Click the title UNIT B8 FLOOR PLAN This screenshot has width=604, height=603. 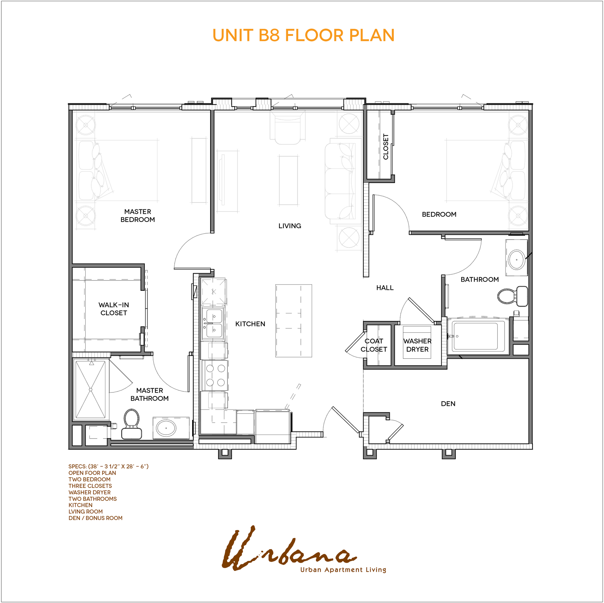click(x=303, y=35)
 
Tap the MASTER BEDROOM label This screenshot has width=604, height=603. click(x=137, y=216)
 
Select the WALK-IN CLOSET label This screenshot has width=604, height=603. click(x=114, y=309)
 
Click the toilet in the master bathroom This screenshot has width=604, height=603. click(x=131, y=424)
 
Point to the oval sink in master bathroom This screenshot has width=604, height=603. click(x=166, y=428)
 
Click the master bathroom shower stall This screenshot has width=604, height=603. click(x=91, y=390)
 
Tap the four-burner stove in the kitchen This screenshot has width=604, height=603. click(x=215, y=375)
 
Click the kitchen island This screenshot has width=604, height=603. click(x=294, y=321)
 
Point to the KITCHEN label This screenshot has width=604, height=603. click(x=250, y=324)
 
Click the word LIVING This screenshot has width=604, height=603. click(x=290, y=226)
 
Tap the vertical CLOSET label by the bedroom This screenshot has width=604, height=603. click(x=386, y=147)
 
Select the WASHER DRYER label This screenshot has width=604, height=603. click(x=417, y=345)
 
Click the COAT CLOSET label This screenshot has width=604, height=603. click(x=374, y=345)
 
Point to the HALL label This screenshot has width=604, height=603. click(x=385, y=288)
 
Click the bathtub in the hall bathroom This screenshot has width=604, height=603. click(x=476, y=336)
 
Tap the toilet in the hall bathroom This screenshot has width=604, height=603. click(x=513, y=296)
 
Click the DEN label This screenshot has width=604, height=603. click(x=448, y=404)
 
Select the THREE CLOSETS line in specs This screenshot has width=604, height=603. click(x=90, y=486)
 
